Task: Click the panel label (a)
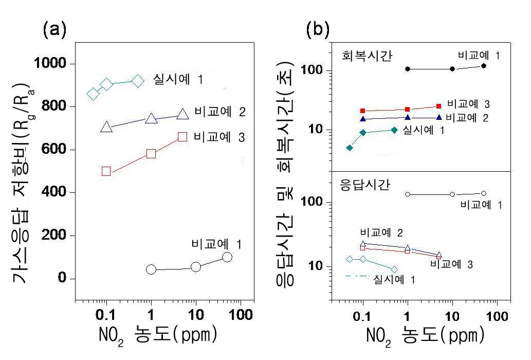(x=54, y=30)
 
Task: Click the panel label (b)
(x=317, y=30)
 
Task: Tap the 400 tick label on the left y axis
(x=53, y=192)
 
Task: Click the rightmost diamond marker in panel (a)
(x=138, y=81)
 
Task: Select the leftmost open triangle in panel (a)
(x=106, y=127)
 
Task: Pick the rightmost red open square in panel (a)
(x=182, y=137)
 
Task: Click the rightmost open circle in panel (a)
(x=227, y=257)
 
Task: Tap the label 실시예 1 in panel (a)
(x=178, y=80)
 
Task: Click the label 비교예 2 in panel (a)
(x=220, y=112)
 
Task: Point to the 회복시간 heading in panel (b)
(x=367, y=56)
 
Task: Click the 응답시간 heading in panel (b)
(x=365, y=185)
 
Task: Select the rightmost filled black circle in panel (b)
(x=484, y=66)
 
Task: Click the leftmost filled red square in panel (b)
(x=363, y=111)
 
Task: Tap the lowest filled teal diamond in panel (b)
(x=350, y=148)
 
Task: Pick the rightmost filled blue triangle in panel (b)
(x=439, y=118)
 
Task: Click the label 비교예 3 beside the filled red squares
(x=468, y=104)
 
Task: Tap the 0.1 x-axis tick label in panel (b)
(x=362, y=316)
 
